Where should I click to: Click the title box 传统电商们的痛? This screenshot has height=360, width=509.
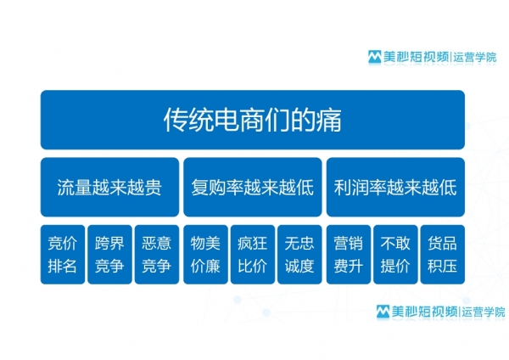253,120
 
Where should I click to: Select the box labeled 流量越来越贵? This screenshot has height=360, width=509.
109,187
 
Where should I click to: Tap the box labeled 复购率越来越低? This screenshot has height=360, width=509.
253,187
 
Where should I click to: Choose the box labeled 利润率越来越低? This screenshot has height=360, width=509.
395,187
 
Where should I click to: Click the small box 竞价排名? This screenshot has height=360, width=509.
63,255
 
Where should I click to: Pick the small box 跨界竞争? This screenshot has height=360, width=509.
109,255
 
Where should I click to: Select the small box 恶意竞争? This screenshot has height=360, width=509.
157,255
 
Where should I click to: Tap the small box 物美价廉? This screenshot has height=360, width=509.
205,255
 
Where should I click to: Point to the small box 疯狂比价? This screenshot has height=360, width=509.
253,255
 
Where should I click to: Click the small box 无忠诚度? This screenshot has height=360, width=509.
299,255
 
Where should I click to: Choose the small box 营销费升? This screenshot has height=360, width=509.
349,255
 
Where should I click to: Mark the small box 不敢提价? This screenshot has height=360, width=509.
395,255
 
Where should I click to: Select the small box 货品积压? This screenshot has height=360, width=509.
443,255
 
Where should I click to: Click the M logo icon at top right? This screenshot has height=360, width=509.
375,57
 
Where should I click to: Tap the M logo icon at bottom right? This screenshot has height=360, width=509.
383,312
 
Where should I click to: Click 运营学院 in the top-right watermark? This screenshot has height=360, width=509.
475,57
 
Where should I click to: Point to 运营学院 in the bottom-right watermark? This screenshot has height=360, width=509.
484,312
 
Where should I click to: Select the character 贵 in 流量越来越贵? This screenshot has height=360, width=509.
153,188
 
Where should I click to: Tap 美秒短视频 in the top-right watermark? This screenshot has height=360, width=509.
417,57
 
